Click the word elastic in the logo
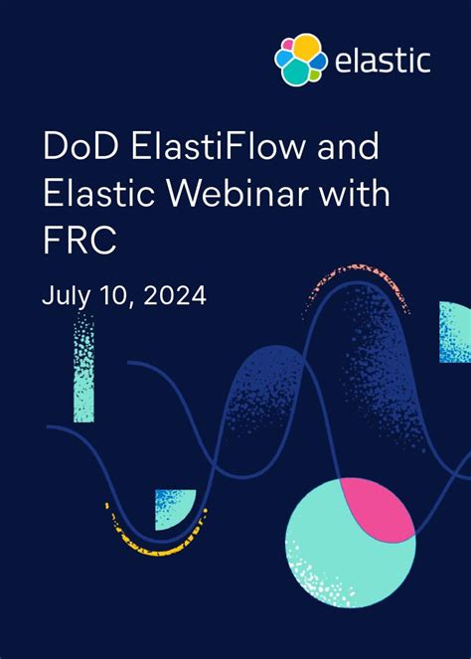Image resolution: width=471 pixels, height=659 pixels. tap(382, 60)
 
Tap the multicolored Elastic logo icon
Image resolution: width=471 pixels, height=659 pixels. tap(299, 59)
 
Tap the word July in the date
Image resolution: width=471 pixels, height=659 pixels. tap(65, 295)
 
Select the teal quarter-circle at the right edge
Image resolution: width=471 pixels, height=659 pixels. tap(454, 332)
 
